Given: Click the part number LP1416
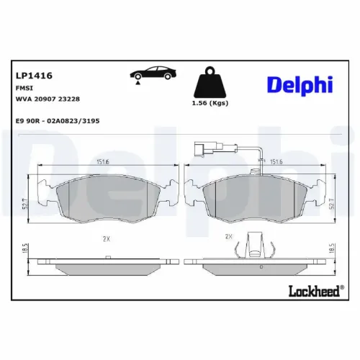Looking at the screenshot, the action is (x=34, y=76).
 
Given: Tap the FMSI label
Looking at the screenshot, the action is (x=24, y=88).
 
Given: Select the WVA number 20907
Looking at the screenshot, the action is (x=45, y=99).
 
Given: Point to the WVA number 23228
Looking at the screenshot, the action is (x=69, y=99).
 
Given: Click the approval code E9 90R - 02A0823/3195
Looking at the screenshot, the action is (x=58, y=121).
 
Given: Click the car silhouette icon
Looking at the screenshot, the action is (x=153, y=73).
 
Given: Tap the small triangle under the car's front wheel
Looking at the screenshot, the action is (x=138, y=83).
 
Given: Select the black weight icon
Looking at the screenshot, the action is (x=210, y=82).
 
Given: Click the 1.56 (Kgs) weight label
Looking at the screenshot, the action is (x=210, y=103).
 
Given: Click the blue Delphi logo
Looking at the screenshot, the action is (x=300, y=85).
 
